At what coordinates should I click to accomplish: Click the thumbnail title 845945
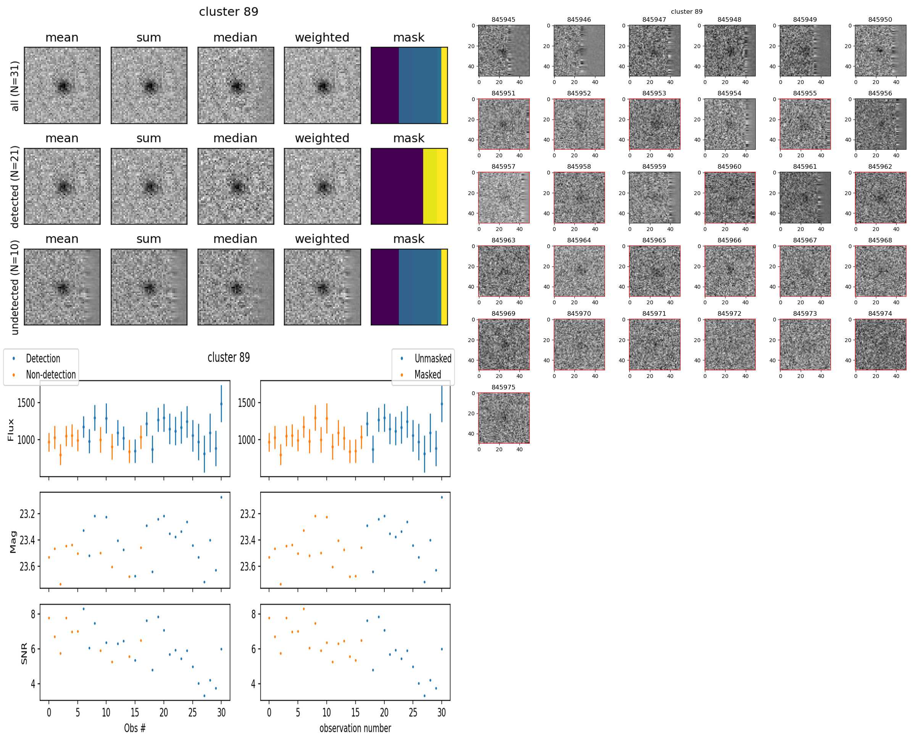tap(503, 19)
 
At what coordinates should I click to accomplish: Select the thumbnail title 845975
tap(503, 387)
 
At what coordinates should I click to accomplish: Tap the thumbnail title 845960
tap(729, 166)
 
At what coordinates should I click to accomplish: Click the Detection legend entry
tap(42, 358)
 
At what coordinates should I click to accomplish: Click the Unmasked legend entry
tap(432, 358)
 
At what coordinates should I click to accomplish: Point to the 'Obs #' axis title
tap(134, 728)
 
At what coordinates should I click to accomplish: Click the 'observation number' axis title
tap(355, 728)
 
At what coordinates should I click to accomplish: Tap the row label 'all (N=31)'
tap(15, 86)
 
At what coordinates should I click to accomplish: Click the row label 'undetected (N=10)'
tap(15, 287)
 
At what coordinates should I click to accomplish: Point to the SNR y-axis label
tap(24, 653)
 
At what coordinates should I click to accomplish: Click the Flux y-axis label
tap(11, 430)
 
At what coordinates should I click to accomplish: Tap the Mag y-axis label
tap(13, 541)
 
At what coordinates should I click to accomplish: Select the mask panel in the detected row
tap(409, 186)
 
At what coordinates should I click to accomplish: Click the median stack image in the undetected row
tap(235, 287)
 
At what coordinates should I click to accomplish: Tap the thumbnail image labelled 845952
tap(579, 124)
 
